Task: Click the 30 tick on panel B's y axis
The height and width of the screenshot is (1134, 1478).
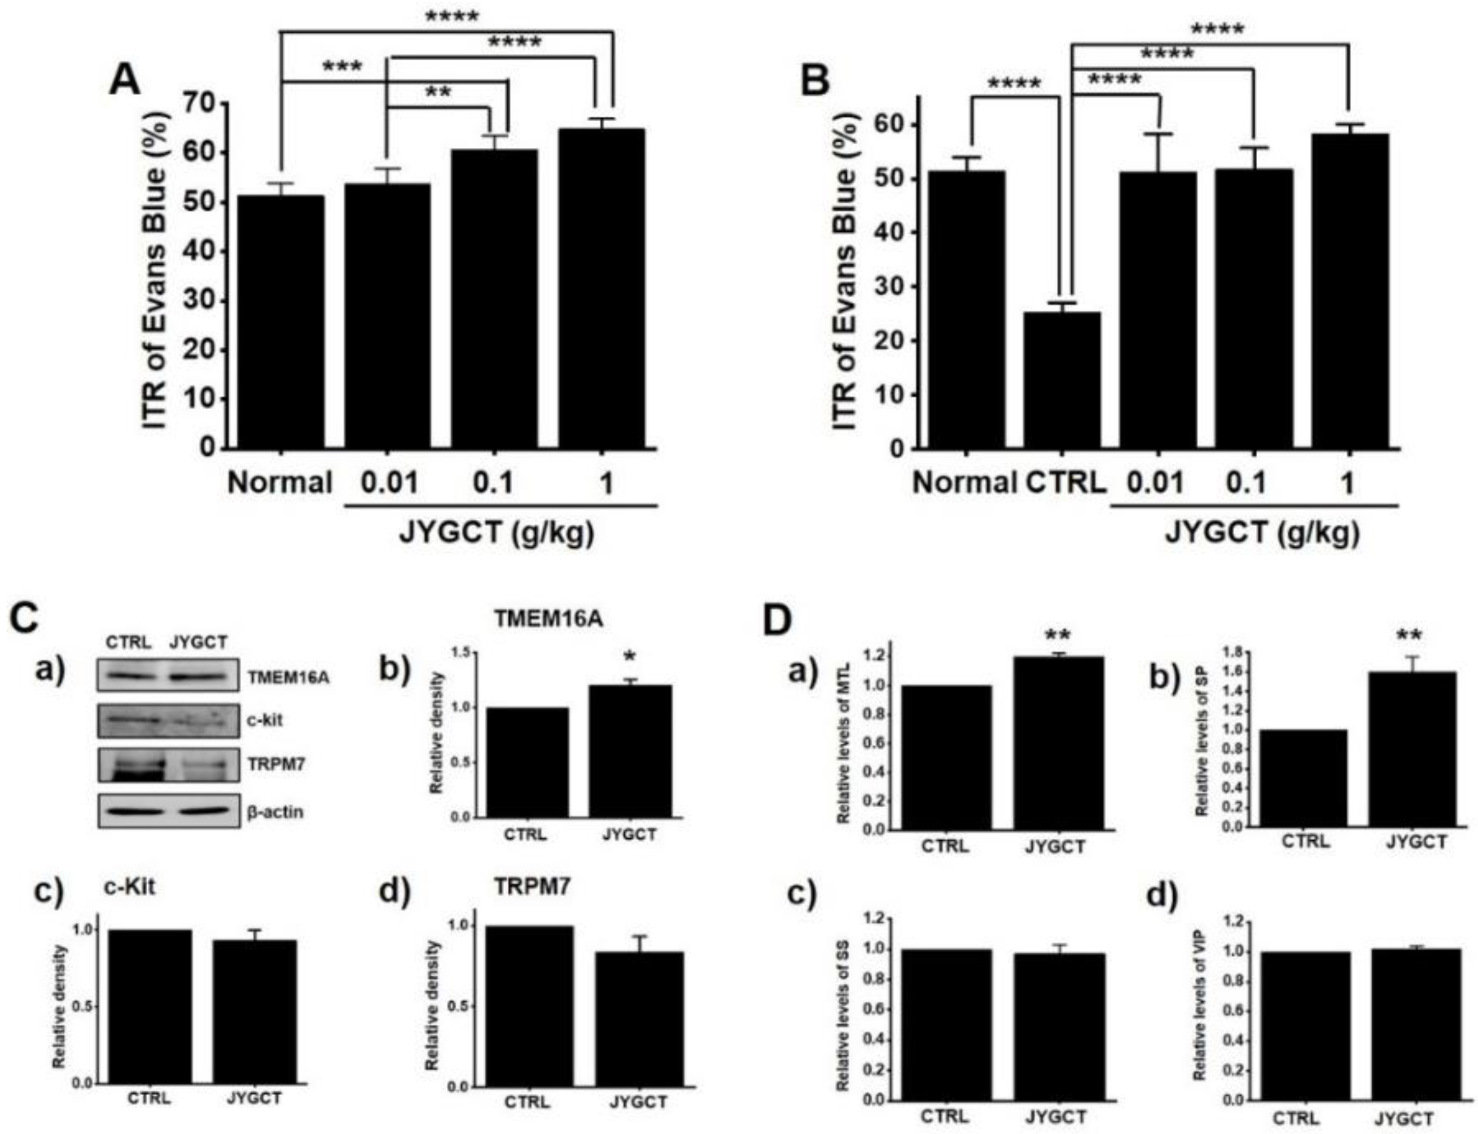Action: (891, 287)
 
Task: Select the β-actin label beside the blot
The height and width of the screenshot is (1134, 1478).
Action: (276, 811)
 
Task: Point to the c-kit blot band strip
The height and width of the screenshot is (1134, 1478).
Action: (168, 720)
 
